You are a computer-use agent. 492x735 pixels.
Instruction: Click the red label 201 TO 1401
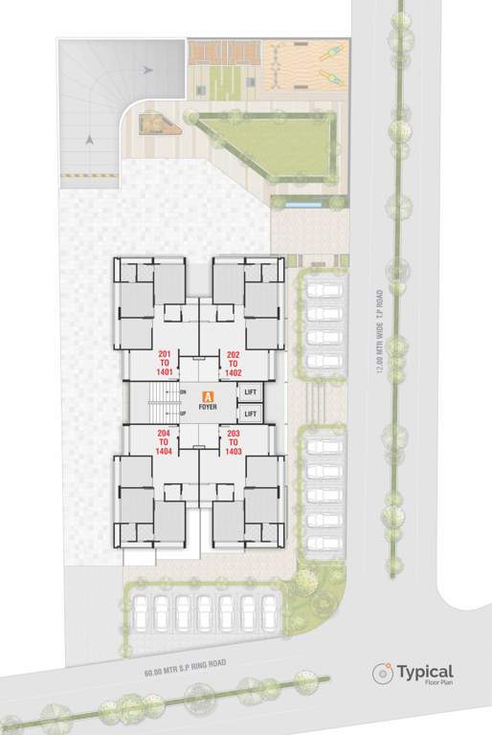[x=168, y=363]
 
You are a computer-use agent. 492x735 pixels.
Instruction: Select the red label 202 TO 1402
[x=234, y=363]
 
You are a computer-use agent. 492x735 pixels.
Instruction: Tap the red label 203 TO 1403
[x=234, y=442]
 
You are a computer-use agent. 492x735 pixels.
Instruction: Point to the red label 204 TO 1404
[x=168, y=442]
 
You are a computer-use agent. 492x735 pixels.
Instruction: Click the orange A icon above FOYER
[x=208, y=395]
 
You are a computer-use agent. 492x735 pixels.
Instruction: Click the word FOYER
[x=208, y=407]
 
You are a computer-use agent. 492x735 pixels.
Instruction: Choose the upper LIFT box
[x=251, y=392]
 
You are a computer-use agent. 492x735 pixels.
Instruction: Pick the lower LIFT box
[x=251, y=412]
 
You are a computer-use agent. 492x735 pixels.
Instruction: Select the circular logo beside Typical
[x=383, y=674]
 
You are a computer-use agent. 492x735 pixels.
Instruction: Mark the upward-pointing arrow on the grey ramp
[x=89, y=140]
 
